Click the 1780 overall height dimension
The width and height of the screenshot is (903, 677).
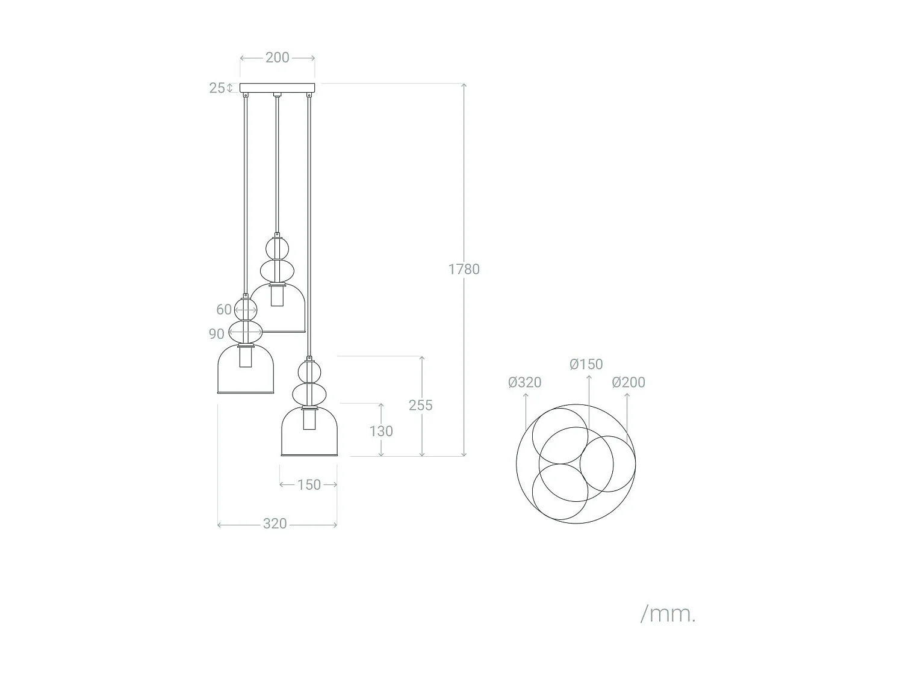click(464, 269)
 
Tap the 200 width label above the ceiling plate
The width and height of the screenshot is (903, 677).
click(278, 58)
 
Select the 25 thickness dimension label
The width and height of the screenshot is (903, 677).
click(217, 88)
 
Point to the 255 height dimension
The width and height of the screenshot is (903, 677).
click(420, 405)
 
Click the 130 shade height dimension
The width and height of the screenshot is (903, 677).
click(381, 431)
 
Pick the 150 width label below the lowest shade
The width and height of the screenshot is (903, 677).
click(309, 484)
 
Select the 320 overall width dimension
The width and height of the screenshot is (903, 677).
click(275, 524)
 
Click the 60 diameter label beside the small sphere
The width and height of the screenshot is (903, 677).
click(224, 309)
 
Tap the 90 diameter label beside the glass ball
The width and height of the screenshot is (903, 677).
click(217, 334)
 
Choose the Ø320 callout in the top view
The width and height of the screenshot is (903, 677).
click(525, 382)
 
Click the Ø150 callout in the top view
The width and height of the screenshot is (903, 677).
click(586, 364)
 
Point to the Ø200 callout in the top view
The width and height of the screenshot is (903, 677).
click(628, 382)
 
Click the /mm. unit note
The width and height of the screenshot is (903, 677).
click(668, 614)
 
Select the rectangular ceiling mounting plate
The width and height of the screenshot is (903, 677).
click(278, 88)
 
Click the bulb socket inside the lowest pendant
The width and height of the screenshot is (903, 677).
click(309, 419)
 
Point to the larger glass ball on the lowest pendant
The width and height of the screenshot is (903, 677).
click(309, 395)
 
